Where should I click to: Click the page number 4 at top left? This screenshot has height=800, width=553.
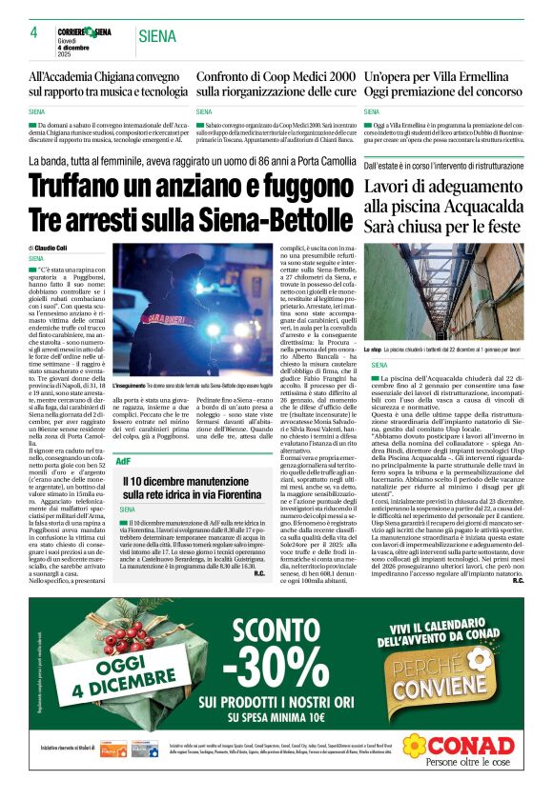(33, 32)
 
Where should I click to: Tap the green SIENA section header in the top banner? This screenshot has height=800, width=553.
(158, 37)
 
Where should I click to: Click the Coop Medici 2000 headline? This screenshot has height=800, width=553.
(276, 84)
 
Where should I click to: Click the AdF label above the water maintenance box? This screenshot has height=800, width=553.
(123, 460)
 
